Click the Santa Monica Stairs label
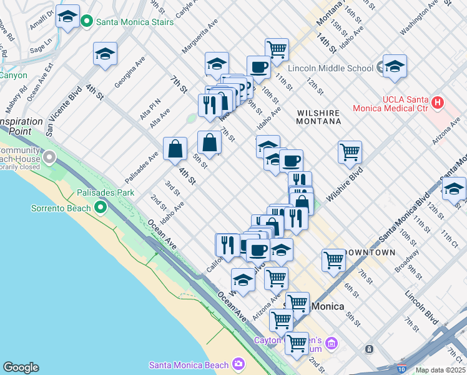coord(134,22)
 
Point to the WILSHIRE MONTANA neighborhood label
coord(318,117)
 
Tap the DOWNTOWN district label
coord(375,252)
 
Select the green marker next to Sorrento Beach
coord(99,206)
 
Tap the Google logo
coord(21,367)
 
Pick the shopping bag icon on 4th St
coord(175,148)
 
